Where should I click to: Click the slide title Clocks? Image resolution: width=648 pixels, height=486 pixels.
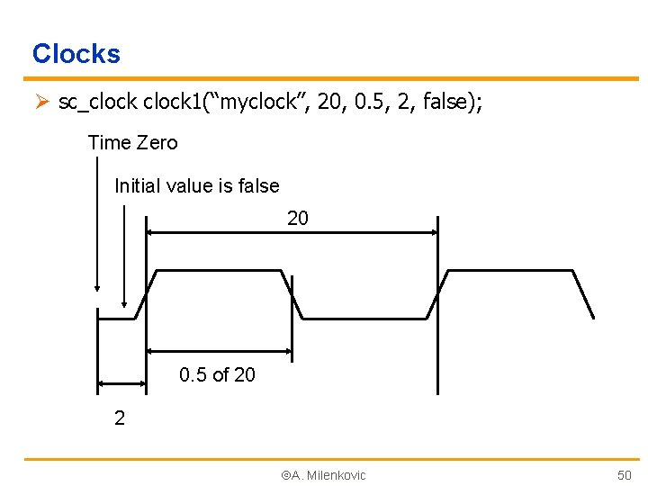(76, 54)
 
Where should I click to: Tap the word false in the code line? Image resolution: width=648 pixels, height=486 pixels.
(449, 103)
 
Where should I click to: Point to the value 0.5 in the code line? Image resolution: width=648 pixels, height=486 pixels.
(373, 103)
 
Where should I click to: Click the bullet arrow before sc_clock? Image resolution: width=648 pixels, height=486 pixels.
(40, 103)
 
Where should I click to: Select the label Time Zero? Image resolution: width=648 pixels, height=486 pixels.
(133, 143)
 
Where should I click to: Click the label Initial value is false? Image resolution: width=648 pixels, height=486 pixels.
(197, 186)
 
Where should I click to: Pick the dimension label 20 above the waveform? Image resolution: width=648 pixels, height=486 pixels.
(298, 218)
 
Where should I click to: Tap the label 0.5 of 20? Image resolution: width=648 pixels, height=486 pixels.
(218, 374)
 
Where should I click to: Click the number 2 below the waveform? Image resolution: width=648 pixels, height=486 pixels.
(120, 418)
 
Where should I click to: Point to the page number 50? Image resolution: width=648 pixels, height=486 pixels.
(625, 474)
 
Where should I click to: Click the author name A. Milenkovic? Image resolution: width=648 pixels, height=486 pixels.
(328, 474)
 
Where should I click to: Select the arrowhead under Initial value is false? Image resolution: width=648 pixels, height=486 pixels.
(124, 304)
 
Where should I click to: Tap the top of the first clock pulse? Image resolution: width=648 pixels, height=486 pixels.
(219, 270)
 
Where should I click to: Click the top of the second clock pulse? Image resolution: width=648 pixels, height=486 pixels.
(509, 270)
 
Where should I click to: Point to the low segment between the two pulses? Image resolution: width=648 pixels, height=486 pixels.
(364, 318)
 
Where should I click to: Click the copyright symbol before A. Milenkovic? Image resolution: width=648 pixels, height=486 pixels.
(285, 474)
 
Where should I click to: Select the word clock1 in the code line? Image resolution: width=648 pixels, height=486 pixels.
(170, 103)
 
